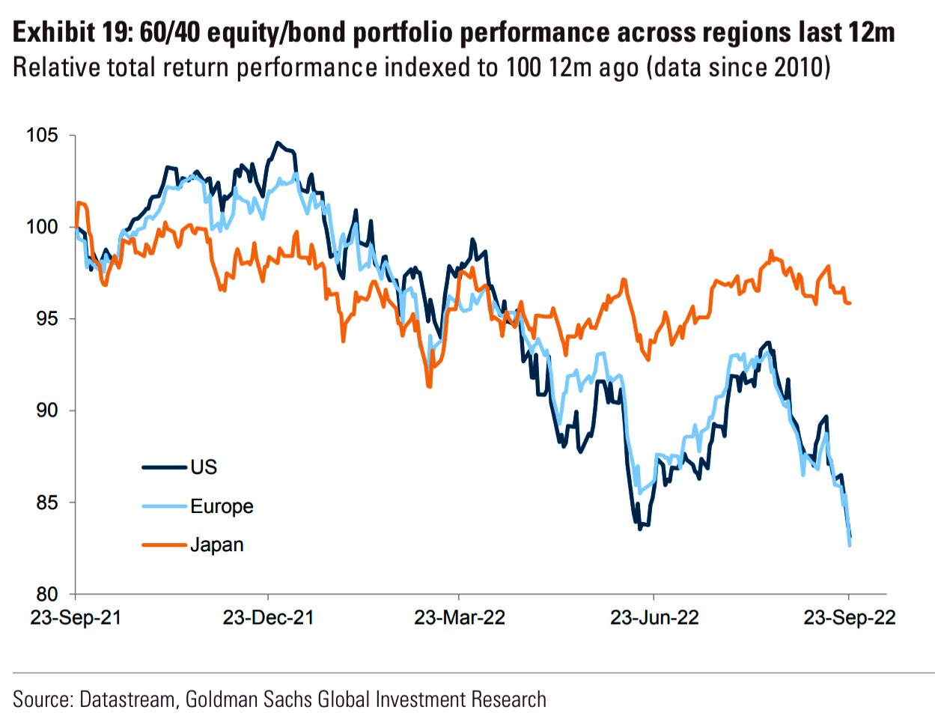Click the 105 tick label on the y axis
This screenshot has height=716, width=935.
click(42, 136)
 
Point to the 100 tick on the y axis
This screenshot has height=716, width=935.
click(42, 227)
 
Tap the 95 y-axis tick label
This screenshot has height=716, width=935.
click(46, 319)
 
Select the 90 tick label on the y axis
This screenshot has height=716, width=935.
click(46, 410)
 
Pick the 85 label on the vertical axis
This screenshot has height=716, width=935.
click(46, 503)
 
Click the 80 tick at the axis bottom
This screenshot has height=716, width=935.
click(46, 595)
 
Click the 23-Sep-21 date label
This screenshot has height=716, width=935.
click(76, 618)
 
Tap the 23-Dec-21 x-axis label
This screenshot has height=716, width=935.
click(268, 618)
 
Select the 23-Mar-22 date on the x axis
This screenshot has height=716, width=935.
click(460, 618)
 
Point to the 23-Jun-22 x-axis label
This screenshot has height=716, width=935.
click(654, 618)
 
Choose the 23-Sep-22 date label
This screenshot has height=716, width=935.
click(850, 618)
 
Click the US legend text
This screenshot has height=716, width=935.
click(204, 467)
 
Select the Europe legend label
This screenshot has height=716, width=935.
click(222, 506)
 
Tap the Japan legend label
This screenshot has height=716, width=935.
click(217, 545)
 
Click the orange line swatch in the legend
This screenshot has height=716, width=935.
click(164, 545)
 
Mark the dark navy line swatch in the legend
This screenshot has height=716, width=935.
click(164, 467)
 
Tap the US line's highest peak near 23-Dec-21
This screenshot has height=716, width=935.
click(278, 142)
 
